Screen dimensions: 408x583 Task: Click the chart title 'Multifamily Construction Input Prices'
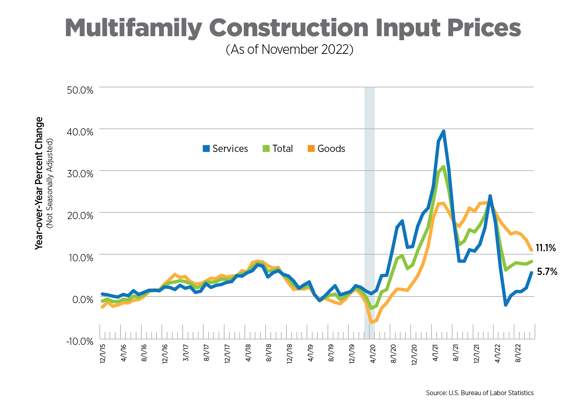pyautogui.click(x=292, y=28)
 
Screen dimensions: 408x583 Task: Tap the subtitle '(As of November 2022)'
pyautogui.click(x=289, y=49)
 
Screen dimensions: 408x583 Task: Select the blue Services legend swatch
pyautogui.click(x=206, y=149)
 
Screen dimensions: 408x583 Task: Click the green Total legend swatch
pyautogui.click(x=266, y=149)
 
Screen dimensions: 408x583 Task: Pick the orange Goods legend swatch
pyautogui.click(x=311, y=149)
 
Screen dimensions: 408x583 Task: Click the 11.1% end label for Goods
pyautogui.click(x=546, y=248)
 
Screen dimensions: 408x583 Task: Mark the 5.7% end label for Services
pyautogui.click(x=547, y=272)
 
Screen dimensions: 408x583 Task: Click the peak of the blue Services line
pyautogui.click(x=443, y=131)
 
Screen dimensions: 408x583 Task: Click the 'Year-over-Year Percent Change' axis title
pyautogui.click(x=39, y=183)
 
